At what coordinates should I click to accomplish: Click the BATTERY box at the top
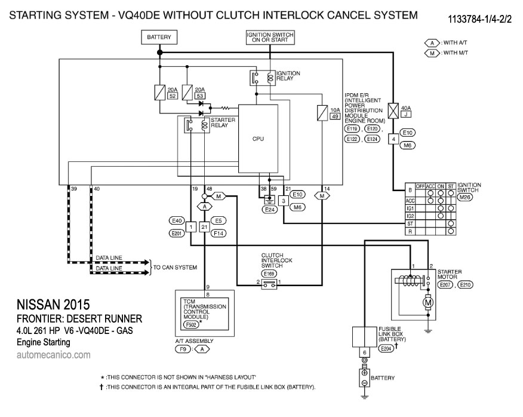click(159, 38)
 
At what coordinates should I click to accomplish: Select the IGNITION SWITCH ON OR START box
click(270, 38)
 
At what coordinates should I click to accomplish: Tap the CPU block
click(259, 138)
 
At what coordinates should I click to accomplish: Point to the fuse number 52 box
click(173, 96)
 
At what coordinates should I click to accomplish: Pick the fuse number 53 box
click(201, 96)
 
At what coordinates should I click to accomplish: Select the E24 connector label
click(271, 210)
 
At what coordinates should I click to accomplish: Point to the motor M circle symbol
click(428, 303)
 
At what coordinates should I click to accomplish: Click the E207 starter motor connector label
click(445, 285)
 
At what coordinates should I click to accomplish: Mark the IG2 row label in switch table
click(410, 216)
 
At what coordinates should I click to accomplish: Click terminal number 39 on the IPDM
click(74, 189)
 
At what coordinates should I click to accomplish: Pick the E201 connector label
click(176, 233)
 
